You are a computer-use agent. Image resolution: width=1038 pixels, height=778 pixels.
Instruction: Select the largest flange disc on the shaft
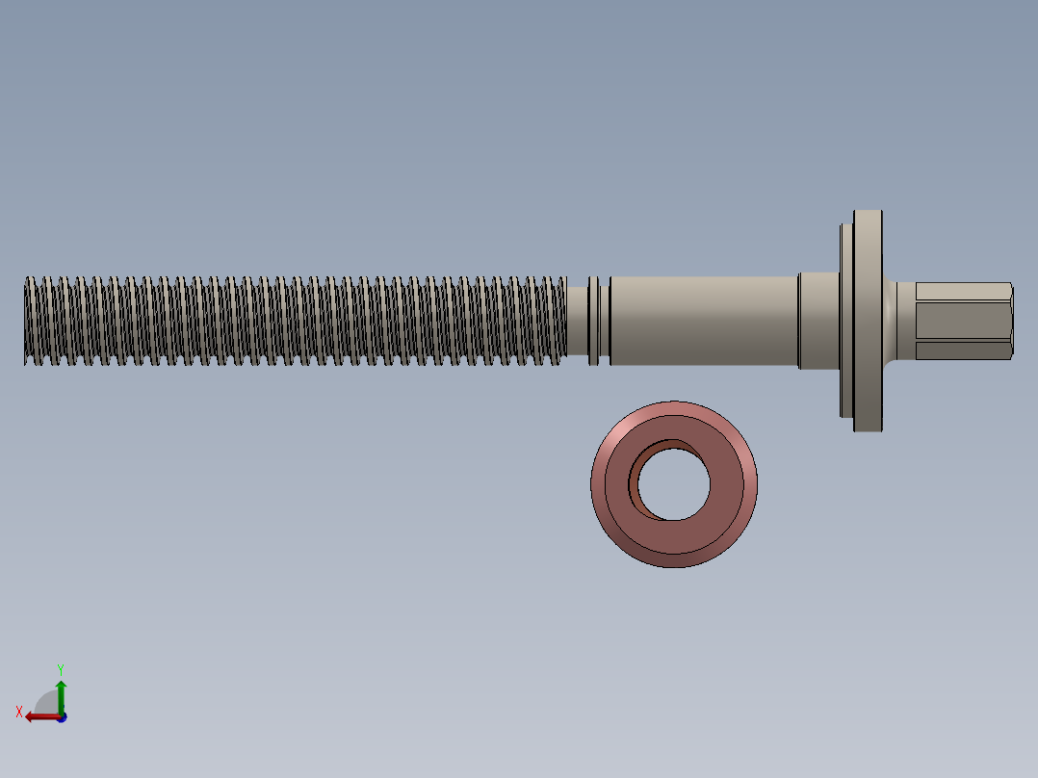click(868, 321)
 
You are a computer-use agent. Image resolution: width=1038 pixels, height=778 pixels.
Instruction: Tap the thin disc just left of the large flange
click(846, 321)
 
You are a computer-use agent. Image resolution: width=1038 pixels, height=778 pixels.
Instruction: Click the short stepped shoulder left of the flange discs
click(818, 321)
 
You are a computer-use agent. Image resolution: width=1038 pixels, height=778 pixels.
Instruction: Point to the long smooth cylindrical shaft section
click(703, 321)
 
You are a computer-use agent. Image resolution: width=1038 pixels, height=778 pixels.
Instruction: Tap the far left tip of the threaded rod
click(27, 322)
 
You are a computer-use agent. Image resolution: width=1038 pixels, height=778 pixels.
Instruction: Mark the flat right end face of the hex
click(1010, 322)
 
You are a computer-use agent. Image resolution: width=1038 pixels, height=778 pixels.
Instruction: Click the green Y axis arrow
click(61, 691)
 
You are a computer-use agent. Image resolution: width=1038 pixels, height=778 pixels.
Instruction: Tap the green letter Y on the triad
click(60, 668)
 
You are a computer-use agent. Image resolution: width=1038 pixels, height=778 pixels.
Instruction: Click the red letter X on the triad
click(19, 712)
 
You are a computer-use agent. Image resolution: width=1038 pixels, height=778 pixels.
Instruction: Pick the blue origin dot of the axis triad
click(62, 717)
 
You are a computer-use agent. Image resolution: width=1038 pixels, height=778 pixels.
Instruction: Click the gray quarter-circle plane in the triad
click(48, 703)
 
